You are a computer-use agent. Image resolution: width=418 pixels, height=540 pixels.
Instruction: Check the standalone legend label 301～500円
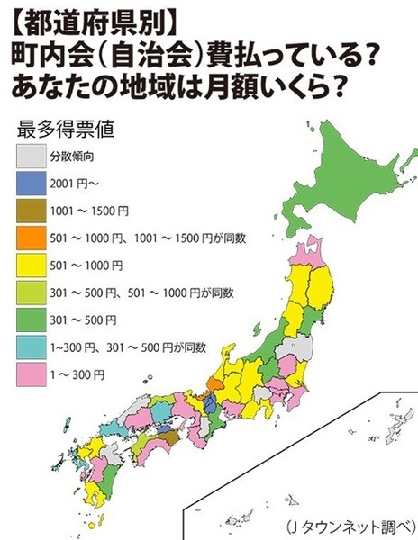(89, 319)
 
